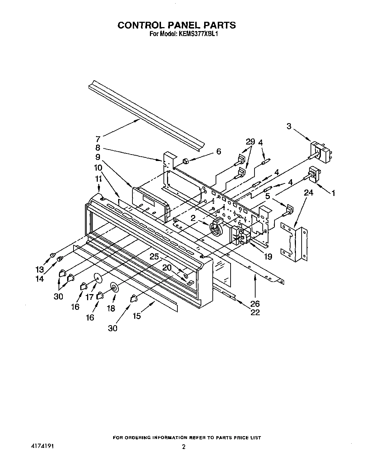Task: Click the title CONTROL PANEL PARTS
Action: point(177,25)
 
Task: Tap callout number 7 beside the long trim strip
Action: point(98,139)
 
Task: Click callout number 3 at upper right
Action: point(289,126)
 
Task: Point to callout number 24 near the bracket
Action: point(308,193)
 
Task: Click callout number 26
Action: point(255,304)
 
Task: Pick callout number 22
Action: point(255,312)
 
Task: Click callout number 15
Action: point(137,316)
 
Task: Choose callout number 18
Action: point(111,308)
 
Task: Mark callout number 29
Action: point(251,142)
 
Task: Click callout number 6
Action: point(218,151)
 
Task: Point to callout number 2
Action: point(193,218)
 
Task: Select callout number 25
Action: point(154,257)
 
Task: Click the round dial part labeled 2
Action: point(216,229)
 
